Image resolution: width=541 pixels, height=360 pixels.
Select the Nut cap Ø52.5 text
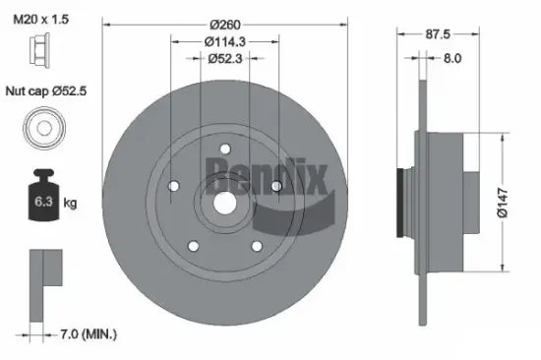click(46, 91)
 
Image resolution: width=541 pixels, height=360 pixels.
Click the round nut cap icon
click(40, 128)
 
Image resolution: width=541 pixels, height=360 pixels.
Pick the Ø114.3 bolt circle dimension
click(225, 40)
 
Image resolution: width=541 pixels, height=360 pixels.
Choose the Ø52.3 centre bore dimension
click(225, 59)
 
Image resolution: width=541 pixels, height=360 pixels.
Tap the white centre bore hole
click(224, 205)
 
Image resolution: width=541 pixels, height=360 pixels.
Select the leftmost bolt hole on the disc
click(172, 187)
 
